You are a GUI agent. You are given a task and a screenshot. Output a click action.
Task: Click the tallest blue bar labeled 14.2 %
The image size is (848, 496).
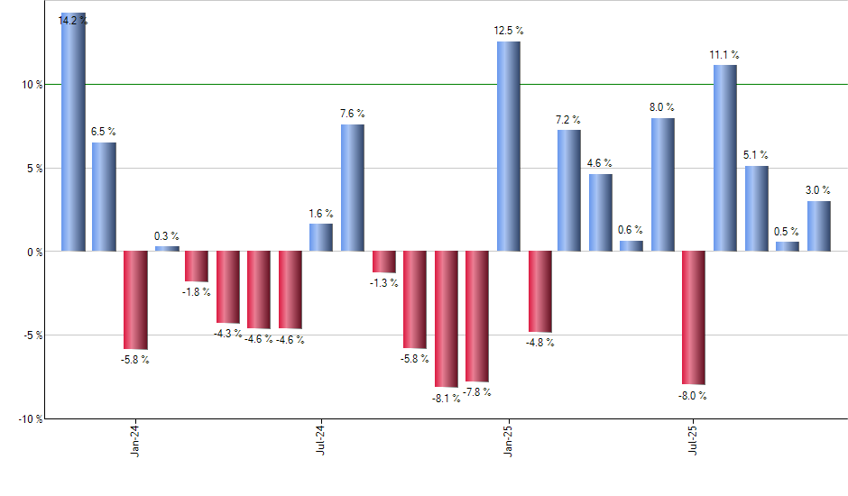pos(73,135)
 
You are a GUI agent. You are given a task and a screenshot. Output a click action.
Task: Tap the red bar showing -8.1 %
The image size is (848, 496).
pos(447,319)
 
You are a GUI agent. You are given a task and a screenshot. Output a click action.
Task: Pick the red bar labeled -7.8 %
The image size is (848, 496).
pos(477,317)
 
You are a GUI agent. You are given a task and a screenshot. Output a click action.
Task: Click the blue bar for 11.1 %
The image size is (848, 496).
pos(725,158)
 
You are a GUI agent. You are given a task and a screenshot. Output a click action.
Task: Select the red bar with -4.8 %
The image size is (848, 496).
pos(539,291)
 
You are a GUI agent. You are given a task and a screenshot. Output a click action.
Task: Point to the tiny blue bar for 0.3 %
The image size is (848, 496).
pos(167,248)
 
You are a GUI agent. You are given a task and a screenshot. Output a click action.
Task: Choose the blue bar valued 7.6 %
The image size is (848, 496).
pos(353,188)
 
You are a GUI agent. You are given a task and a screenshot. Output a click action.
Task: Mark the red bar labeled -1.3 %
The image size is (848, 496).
pos(384,262)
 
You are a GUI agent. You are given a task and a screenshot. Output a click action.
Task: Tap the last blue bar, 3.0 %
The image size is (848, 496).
pos(818,225)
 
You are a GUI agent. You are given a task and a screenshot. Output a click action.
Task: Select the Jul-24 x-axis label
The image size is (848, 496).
pos(321,440)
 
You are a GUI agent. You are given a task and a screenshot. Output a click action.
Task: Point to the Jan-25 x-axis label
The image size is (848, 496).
pos(508,440)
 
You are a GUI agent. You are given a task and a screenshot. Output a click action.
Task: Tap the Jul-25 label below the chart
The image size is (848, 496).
pos(694,440)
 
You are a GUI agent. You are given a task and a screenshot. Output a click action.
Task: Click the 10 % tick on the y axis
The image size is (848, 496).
pos(33,85)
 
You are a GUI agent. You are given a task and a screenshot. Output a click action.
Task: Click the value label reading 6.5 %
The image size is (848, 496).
pos(104,132)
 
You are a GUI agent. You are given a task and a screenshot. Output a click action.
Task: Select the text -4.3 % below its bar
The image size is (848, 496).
pos(228,333)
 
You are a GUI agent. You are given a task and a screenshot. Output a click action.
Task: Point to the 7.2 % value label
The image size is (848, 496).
pos(568,120)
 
